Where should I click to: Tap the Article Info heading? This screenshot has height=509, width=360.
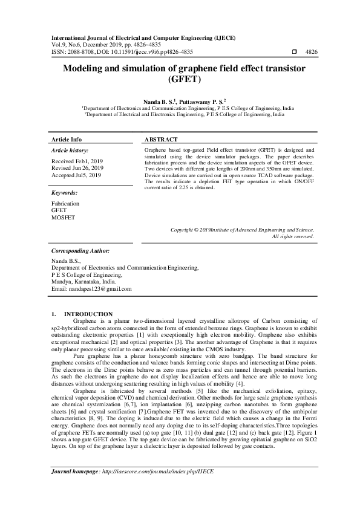67,139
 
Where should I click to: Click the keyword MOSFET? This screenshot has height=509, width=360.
64,218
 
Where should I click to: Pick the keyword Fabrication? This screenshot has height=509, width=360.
66,204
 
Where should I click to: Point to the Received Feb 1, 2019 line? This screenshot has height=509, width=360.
77,161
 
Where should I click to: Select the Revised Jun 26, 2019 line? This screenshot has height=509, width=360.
77,168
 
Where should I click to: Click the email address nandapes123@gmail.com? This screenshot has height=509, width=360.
102,289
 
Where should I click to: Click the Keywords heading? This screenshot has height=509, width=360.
65,192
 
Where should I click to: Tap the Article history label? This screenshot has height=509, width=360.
70,149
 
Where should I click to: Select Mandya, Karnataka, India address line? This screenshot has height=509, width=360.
84,281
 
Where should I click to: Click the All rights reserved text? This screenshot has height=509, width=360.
293,236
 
